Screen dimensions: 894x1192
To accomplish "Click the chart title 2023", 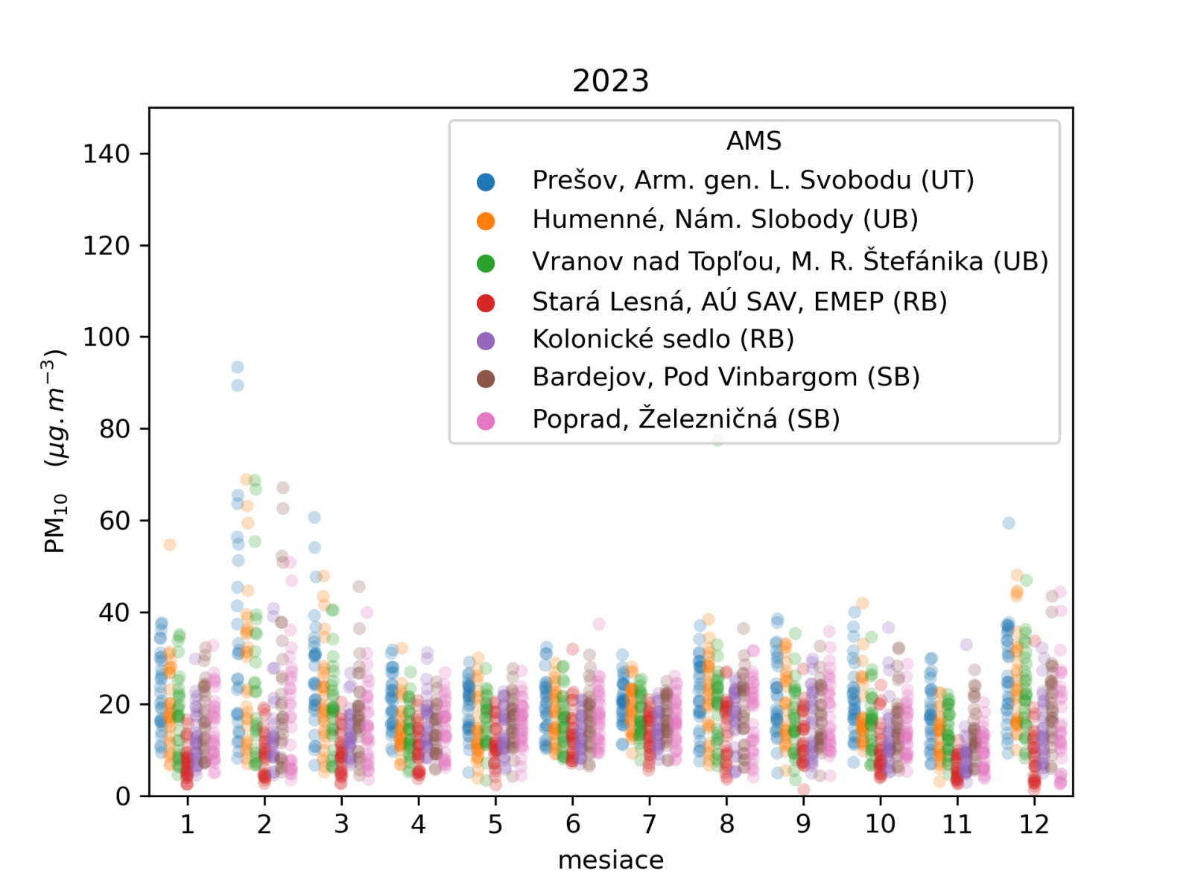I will pyautogui.click(x=610, y=80).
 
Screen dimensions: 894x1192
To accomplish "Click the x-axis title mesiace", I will pyautogui.click(x=610, y=860).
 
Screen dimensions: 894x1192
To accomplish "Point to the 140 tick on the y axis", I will pyautogui.click(x=107, y=153).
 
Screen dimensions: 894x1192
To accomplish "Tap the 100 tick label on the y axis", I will pyautogui.click(x=107, y=337).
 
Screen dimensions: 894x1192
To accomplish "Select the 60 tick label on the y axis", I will pyautogui.click(x=115, y=521).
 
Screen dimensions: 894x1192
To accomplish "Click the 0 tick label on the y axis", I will pyautogui.click(x=123, y=796).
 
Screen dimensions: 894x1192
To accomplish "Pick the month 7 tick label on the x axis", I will pyautogui.click(x=650, y=824).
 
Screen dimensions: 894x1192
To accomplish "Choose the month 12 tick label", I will pyautogui.click(x=1034, y=824).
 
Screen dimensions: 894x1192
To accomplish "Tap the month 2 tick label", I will pyautogui.click(x=264, y=824).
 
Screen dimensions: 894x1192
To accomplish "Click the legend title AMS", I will pyautogui.click(x=754, y=141).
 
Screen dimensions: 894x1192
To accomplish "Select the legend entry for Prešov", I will pyautogui.click(x=752, y=180).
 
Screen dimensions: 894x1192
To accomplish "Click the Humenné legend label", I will pyautogui.click(x=724, y=220).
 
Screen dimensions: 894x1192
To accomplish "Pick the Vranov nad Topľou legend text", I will pyautogui.click(x=790, y=261).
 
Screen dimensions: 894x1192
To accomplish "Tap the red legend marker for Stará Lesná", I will pyautogui.click(x=486, y=302).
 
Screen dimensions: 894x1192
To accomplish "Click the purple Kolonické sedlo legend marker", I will pyautogui.click(x=486, y=340).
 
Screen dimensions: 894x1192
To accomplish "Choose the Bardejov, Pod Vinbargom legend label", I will pyautogui.click(x=726, y=378).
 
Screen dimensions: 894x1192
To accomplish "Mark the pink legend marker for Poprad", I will pyautogui.click(x=486, y=421).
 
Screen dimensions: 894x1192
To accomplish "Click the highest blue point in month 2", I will pyautogui.click(x=238, y=367).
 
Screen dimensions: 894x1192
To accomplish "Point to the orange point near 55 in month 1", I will pyautogui.click(x=170, y=545).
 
